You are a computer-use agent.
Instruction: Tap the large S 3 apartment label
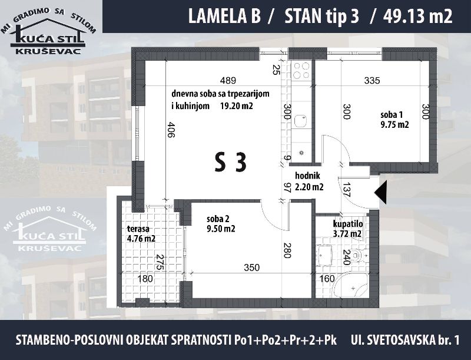[231, 162]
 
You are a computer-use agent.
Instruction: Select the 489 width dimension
[228, 80]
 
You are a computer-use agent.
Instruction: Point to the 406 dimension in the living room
[170, 130]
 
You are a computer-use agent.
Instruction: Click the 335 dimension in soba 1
[372, 80]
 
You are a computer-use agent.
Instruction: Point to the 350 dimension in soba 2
[251, 267]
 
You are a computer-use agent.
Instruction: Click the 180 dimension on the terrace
[145, 279]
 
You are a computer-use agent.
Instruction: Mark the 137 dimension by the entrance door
[347, 190]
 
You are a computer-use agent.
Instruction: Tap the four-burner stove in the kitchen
[301, 70]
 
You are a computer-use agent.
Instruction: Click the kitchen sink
[300, 121]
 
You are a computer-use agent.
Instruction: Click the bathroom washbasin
[324, 256]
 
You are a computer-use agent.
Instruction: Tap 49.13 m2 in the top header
[417, 16]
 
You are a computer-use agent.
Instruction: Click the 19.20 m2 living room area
[237, 106]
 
